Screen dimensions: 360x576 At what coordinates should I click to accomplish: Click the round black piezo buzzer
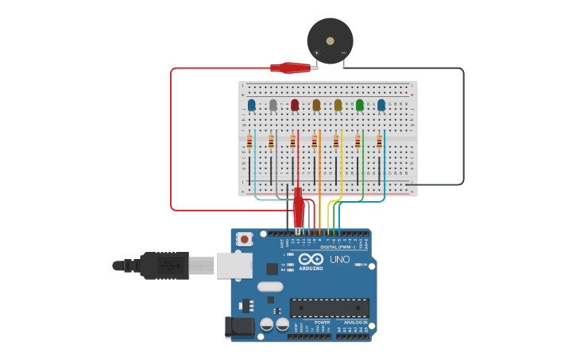point(330,40)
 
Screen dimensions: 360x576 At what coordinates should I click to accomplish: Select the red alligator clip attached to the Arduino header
point(299,209)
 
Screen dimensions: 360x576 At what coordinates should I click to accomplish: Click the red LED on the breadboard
point(295,105)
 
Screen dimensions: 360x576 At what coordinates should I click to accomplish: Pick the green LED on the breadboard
point(360,105)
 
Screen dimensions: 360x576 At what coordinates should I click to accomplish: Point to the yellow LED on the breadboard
point(338,105)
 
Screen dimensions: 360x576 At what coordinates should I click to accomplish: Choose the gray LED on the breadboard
point(273,105)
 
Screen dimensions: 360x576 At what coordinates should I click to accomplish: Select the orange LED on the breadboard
point(316,105)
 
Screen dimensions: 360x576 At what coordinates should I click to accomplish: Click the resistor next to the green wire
point(358,142)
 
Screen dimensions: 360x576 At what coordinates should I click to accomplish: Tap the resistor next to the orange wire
point(315,142)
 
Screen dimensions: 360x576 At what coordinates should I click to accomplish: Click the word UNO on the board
point(339,259)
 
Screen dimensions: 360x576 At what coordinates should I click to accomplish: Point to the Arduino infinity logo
point(311,260)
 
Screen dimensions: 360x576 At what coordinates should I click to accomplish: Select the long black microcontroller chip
point(329,308)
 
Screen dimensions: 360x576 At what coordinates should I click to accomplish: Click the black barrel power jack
point(238,327)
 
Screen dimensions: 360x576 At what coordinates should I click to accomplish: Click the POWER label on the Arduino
point(311,323)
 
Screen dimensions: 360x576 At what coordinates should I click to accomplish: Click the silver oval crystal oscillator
point(270,287)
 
